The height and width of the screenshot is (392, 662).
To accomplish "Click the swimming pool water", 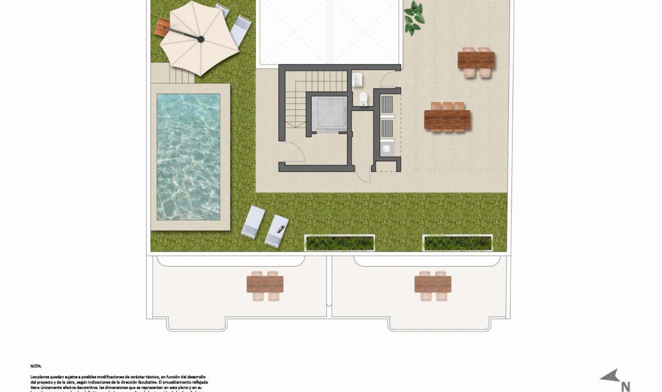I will [188, 156].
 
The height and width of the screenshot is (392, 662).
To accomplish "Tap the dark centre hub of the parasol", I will [200, 39].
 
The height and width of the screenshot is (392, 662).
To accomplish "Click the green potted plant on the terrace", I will [414, 18].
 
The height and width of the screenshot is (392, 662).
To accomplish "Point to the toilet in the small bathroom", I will [363, 99].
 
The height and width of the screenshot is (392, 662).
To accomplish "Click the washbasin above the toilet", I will [357, 78].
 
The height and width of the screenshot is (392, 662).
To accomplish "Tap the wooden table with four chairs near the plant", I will [476, 61].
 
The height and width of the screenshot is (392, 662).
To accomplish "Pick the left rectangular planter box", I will [340, 243].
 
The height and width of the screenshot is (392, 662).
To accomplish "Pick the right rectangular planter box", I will [458, 243].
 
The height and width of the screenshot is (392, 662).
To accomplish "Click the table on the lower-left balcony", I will [265, 285].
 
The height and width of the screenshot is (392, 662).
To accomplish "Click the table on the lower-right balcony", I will [433, 285].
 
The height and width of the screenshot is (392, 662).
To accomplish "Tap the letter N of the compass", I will [626, 386].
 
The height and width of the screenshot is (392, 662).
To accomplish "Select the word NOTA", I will [36, 366].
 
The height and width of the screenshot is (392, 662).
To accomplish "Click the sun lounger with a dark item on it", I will [276, 231].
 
